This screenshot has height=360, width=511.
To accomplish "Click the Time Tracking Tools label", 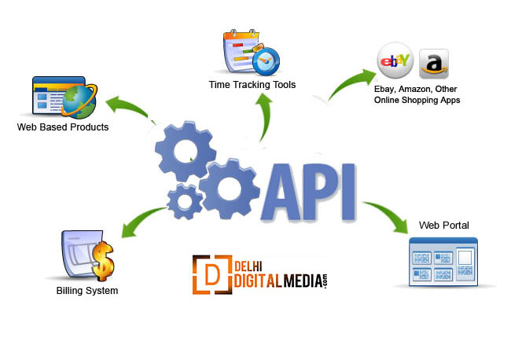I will [252, 84].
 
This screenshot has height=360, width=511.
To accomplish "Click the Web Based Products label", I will [63, 127].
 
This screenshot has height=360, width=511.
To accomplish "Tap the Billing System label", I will [86, 291].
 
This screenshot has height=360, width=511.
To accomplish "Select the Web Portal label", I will [443, 226].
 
